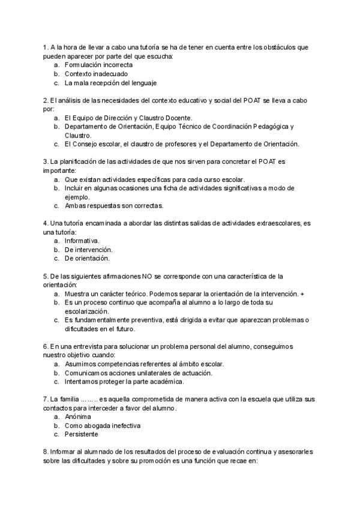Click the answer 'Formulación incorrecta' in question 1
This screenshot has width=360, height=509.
(98, 64)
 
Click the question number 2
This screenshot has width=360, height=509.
(46, 100)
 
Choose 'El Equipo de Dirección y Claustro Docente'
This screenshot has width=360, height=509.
(128, 118)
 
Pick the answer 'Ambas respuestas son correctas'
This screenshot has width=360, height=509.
(114, 205)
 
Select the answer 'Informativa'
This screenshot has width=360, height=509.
(82, 240)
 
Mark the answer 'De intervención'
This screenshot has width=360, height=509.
(89, 249)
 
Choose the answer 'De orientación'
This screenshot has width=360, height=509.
(87, 258)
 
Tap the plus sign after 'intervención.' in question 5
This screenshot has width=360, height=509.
(302, 294)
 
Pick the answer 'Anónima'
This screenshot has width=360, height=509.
(78, 416)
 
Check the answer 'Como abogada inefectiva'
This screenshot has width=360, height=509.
(103, 425)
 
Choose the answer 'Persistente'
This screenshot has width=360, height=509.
(82, 434)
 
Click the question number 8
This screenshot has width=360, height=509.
(46, 451)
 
